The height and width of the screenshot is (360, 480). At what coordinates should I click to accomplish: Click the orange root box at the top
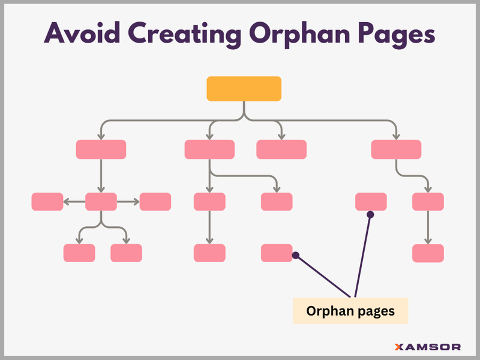tap(244, 89)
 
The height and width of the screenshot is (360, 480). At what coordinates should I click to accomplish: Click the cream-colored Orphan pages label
tap(350, 311)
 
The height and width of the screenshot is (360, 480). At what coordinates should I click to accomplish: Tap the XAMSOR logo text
tap(428, 347)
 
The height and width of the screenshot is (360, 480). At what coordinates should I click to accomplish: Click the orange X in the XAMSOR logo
tap(399, 347)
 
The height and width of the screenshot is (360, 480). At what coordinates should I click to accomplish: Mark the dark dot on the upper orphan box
tap(370, 214)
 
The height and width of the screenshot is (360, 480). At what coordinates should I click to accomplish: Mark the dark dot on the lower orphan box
tap(295, 256)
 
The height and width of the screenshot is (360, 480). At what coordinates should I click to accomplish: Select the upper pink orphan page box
tap(371, 202)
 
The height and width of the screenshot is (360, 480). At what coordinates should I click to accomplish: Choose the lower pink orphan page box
tap(277, 253)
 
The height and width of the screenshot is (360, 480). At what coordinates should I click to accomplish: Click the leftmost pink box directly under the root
tap(101, 149)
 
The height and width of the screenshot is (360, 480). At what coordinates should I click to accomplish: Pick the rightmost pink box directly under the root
tap(396, 149)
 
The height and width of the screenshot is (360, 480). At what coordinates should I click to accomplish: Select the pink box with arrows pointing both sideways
tap(101, 202)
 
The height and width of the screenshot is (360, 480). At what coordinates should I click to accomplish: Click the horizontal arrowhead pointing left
tap(67, 202)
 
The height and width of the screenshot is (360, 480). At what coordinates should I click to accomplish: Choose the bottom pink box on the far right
tap(428, 253)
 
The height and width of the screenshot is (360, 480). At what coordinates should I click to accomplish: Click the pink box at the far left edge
tap(47, 202)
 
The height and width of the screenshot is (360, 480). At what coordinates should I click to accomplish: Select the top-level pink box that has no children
tap(281, 149)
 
